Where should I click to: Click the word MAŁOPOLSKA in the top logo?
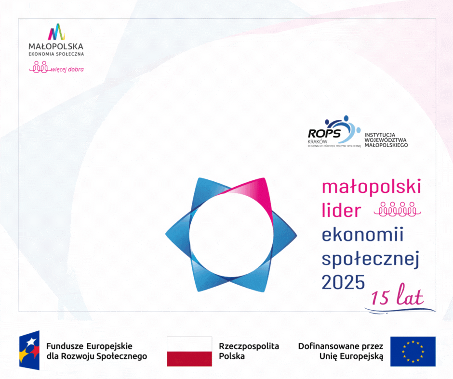[x=56, y=46]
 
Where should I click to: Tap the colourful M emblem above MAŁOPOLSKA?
[x=56, y=32]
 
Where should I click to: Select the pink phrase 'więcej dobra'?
[x=67, y=69]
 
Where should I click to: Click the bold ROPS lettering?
[x=324, y=134]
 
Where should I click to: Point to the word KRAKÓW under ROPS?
[x=318, y=141]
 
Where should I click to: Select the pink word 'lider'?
[x=342, y=210]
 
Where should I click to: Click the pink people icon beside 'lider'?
[x=398, y=209]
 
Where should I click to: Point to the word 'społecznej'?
[x=371, y=259]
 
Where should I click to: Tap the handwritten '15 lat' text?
[x=397, y=297]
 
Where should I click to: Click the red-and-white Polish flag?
[x=189, y=351]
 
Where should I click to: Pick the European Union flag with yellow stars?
[x=413, y=351]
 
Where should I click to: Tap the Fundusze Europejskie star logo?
[x=29, y=350]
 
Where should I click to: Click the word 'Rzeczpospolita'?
[x=249, y=346]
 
